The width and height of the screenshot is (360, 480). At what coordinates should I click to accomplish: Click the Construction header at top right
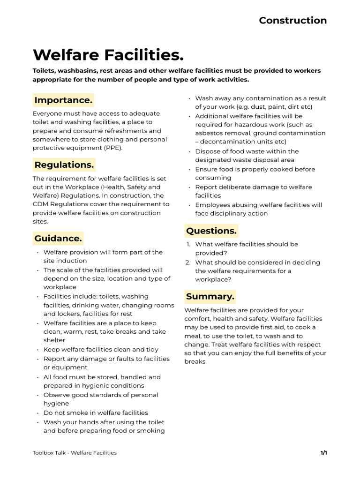pyautogui.click(x=292, y=20)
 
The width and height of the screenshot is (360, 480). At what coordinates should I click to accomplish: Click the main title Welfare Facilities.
pyautogui.click(x=108, y=55)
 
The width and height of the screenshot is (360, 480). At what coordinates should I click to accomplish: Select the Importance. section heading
pyautogui.click(x=63, y=100)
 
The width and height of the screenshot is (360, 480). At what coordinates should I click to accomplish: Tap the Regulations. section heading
pyautogui.click(x=64, y=165)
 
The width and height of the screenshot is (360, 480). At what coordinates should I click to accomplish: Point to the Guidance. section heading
pyautogui.click(x=58, y=238)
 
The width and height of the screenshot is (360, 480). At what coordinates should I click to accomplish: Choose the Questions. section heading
pyautogui.click(x=211, y=231)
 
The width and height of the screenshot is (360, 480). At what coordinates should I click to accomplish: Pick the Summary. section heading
pyautogui.click(x=210, y=296)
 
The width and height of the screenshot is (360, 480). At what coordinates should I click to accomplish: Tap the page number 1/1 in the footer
pyautogui.click(x=323, y=453)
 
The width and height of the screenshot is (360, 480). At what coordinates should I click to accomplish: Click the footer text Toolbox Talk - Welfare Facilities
pyautogui.click(x=75, y=453)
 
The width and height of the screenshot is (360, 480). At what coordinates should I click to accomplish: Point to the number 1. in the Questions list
pyautogui.click(x=188, y=244)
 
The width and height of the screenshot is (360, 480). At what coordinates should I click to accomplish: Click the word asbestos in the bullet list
pyautogui.click(x=209, y=133)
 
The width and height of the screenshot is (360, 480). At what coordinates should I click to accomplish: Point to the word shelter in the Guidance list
pyautogui.click(x=54, y=340)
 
